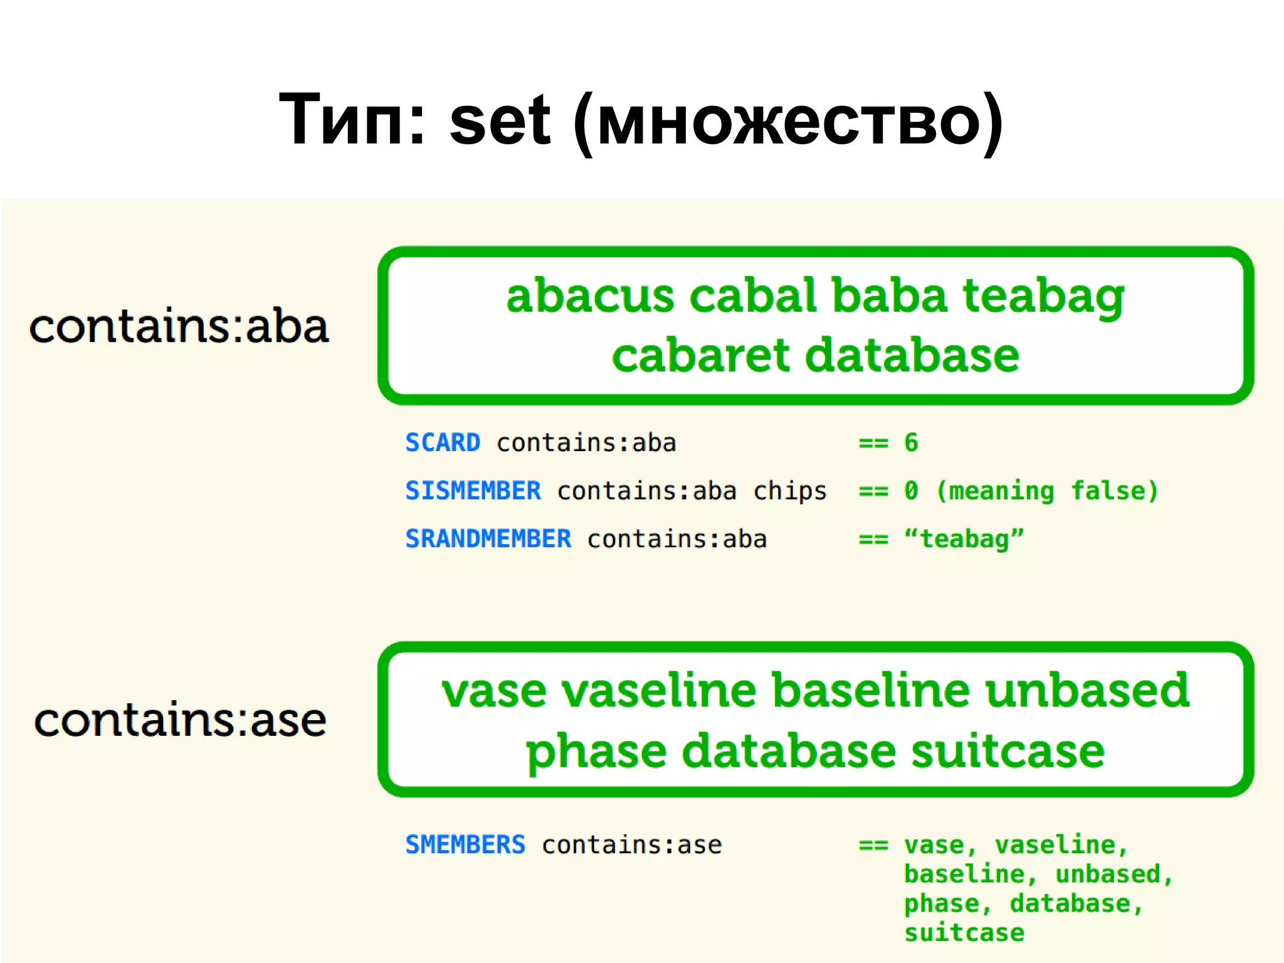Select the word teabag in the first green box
pyautogui.click(x=1044, y=297)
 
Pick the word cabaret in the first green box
pyautogui.click(x=700, y=355)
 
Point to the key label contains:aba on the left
pyautogui.click(x=179, y=326)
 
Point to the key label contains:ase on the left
pyautogui.click(x=180, y=720)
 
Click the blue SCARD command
pyautogui.click(x=443, y=443)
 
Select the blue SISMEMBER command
pyautogui.click(x=473, y=491)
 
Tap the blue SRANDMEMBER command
pyautogui.click(x=488, y=539)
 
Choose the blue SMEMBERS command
pyautogui.click(x=465, y=844)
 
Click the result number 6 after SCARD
pyautogui.click(x=911, y=443)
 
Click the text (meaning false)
pyautogui.click(x=1046, y=491)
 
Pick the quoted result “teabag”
pyautogui.click(x=964, y=539)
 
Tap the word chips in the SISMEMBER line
pyautogui.click(x=790, y=491)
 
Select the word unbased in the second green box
pyautogui.click(x=1087, y=690)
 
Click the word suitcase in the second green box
pyautogui.click(x=1008, y=751)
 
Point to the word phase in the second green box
pyautogui.click(x=596, y=751)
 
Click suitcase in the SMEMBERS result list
pyautogui.click(x=964, y=933)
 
